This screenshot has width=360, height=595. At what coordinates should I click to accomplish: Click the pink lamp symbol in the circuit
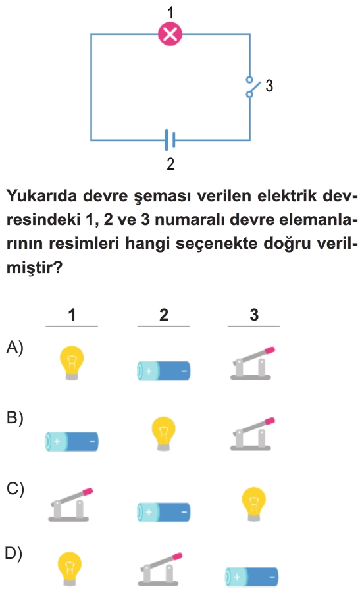(x=170, y=34)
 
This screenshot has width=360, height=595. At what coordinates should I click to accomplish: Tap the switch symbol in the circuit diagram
(x=252, y=86)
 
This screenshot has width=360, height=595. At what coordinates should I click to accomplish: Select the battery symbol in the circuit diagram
(x=170, y=140)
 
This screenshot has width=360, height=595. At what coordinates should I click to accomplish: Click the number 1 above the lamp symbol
(x=170, y=12)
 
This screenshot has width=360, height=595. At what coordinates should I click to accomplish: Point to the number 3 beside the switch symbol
(x=269, y=86)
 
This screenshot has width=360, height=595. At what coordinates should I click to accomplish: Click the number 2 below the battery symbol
(x=170, y=163)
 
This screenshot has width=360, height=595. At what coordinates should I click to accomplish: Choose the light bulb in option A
(x=72, y=363)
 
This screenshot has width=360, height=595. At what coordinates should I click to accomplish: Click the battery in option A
(x=163, y=371)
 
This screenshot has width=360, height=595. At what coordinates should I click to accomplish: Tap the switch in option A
(x=252, y=363)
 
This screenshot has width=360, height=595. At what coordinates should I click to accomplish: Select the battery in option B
(x=72, y=442)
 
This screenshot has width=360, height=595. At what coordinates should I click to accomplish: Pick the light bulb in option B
(x=163, y=433)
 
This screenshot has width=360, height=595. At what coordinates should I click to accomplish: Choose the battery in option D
(x=251, y=577)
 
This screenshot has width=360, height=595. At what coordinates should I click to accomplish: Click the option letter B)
(x=14, y=418)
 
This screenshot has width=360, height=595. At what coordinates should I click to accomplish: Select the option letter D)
(x=14, y=554)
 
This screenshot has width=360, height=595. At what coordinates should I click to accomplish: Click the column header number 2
(x=163, y=315)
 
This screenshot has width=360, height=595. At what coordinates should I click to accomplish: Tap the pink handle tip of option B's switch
(x=270, y=421)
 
